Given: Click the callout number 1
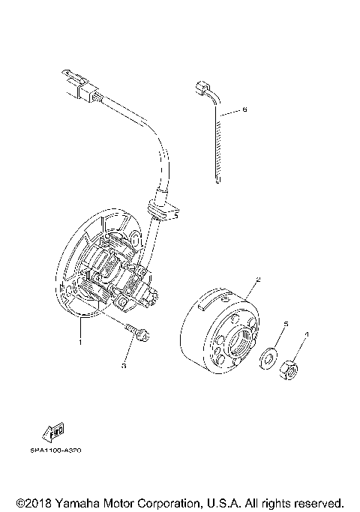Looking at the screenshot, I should [79, 342].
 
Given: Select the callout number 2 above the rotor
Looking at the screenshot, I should [258, 280].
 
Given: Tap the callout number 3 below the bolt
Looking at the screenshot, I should [125, 367].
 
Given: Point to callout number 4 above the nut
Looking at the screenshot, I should [306, 334].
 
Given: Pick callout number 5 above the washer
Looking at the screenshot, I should [286, 325].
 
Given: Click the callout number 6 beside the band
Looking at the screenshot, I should [244, 110].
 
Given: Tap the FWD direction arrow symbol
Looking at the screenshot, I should [54, 431].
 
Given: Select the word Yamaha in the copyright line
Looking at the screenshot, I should [83, 502].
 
